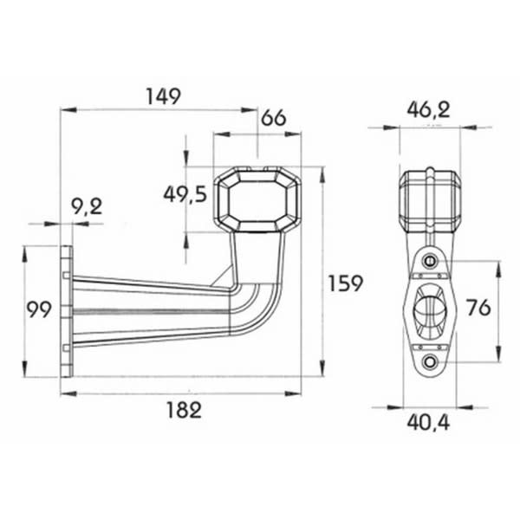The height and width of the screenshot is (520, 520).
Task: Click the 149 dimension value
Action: [164, 96]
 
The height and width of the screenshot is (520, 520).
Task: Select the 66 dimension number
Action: [274, 118]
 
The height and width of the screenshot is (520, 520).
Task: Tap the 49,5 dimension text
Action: [185, 194]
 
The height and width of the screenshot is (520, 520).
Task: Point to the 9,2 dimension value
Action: [87, 207]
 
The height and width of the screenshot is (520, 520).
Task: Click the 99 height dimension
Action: [39, 309]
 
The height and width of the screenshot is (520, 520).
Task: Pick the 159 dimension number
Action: [346, 283]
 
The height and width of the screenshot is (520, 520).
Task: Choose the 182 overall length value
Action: [184, 410]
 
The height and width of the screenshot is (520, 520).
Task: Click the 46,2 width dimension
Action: [428, 110]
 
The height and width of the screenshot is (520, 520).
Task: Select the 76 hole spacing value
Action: [478, 308]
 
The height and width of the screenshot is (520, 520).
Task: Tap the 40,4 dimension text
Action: [428, 423]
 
